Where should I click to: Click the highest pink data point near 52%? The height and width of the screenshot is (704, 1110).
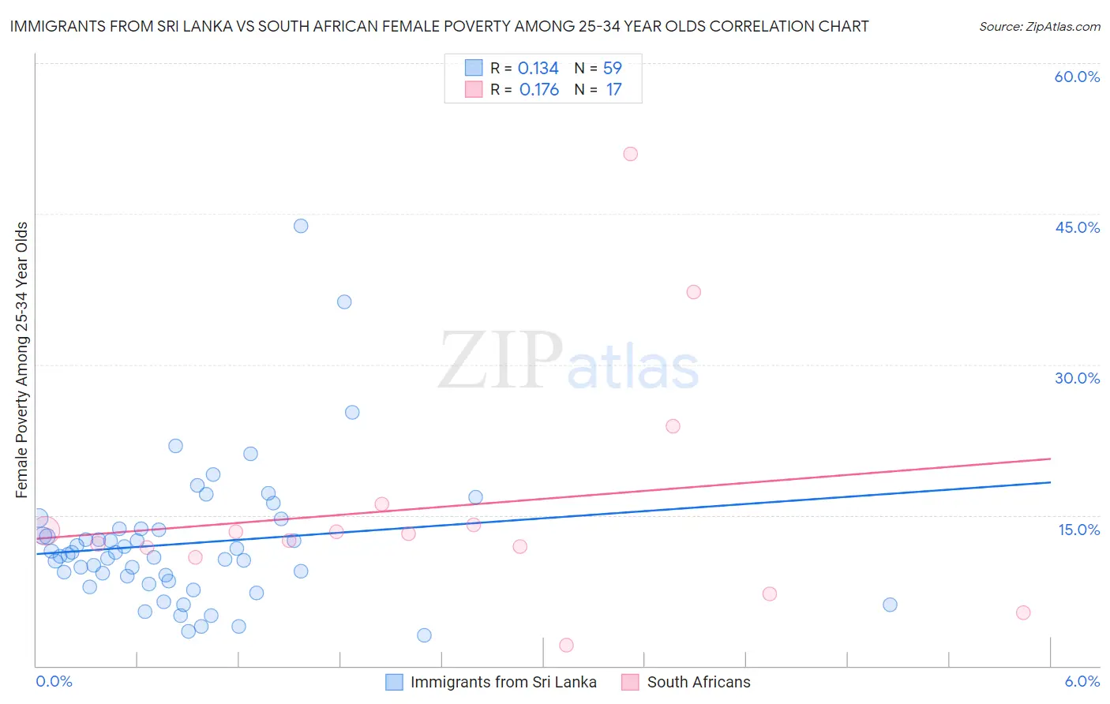point(630,154)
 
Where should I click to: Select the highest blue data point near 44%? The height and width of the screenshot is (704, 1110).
point(301,226)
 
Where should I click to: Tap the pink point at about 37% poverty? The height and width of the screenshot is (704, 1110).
point(693,292)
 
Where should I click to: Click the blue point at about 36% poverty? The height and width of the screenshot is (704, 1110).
point(344,301)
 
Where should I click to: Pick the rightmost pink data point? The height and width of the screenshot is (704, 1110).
point(1023,612)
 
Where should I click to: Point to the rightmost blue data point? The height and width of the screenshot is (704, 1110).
point(890,605)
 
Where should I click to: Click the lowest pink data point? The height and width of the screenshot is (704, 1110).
point(566,645)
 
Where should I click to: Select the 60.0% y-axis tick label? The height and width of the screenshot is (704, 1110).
point(1077,77)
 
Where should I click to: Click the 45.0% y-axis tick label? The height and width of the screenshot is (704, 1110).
point(1077,227)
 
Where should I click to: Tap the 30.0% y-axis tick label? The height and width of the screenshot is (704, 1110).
point(1077,378)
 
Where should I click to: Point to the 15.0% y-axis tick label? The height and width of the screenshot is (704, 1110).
point(1078,530)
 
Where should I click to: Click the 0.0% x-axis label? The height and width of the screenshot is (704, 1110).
point(54,682)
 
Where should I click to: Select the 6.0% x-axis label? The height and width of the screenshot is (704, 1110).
point(1082,682)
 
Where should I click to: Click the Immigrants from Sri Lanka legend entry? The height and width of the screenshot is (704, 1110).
point(503,682)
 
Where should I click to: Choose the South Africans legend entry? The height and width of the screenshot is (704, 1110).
point(698,682)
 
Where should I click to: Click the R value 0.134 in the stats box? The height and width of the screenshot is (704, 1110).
point(538,69)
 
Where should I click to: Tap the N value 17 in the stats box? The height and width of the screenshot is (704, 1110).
point(613,90)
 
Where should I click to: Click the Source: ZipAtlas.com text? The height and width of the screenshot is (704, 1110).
point(1039,27)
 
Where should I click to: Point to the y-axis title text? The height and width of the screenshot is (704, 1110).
point(22,360)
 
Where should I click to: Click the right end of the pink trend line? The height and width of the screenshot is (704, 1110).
point(1050,459)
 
